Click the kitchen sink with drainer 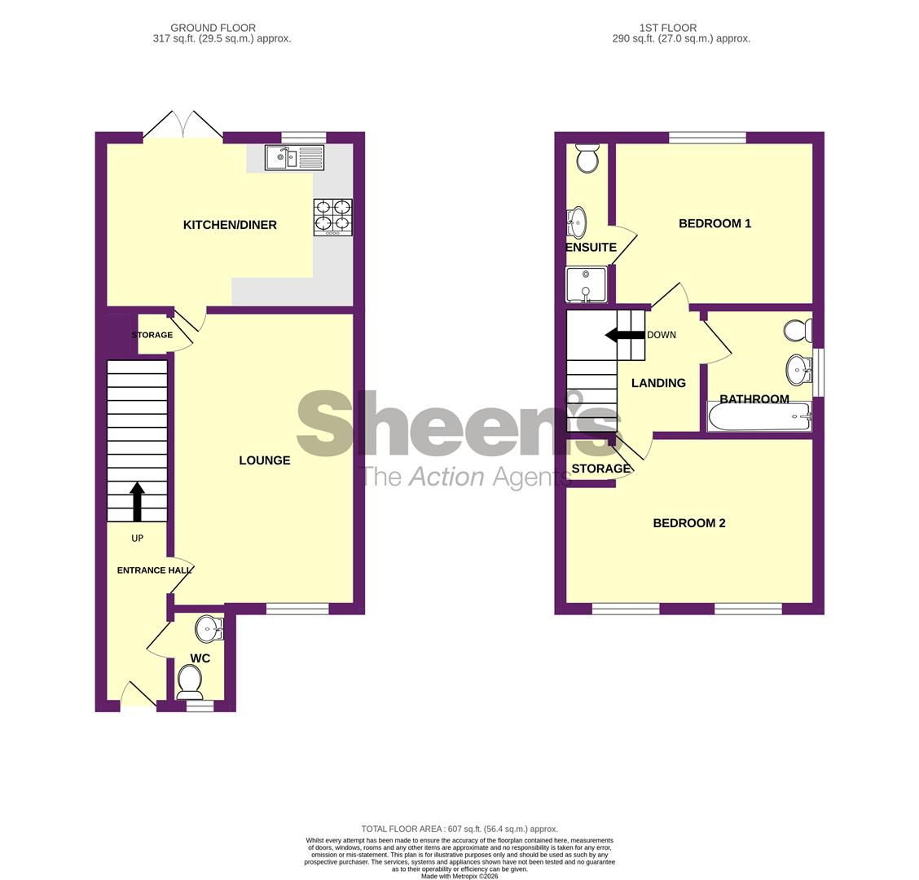tap(294, 158)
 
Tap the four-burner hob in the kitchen tap(332, 218)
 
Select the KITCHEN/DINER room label tap(230, 225)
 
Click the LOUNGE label tap(264, 460)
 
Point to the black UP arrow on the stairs tap(137, 501)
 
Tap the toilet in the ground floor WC tap(190, 680)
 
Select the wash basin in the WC tap(209, 628)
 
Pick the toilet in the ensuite tap(587, 158)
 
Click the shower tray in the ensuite tap(586, 285)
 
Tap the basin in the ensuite tap(577, 222)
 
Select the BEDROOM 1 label tap(715, 223)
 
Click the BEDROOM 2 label tap(688, 523)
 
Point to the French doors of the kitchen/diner tap(183, 127)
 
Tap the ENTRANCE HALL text tap(154, 570)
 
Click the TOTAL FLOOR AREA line tap(459, 829)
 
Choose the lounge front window tap(297, 608)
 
